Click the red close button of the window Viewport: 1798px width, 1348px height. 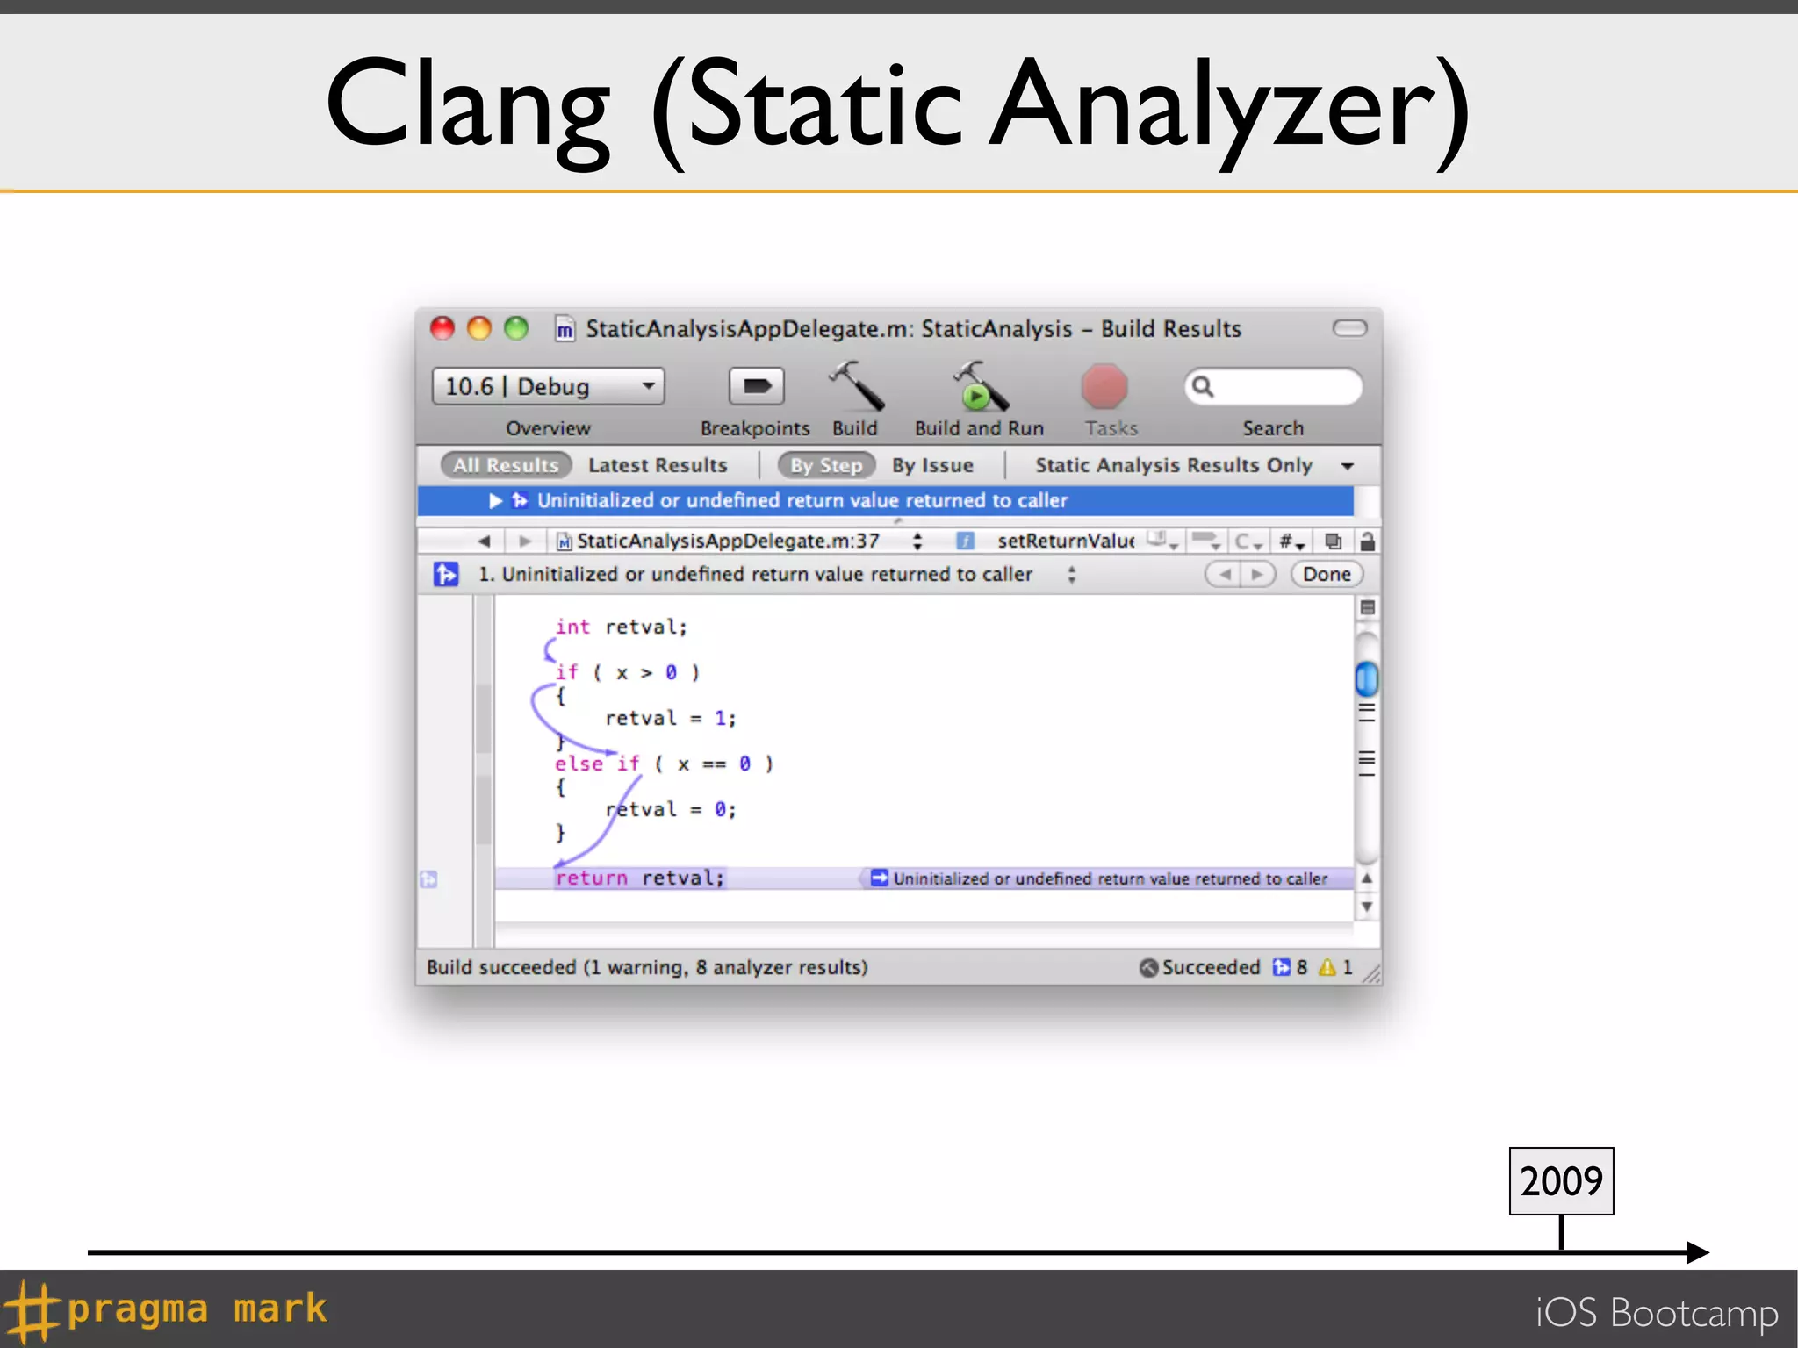click(x=442, y=329)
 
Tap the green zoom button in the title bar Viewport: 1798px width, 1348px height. click(x=516, y=329)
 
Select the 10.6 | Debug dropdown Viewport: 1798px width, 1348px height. click(x=548, y=386)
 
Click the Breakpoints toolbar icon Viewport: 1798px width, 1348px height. click(x=756, y=386)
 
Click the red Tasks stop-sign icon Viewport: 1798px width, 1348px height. click(x=1104, y=387)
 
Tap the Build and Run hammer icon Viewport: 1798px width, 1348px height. click(x=980, y=387)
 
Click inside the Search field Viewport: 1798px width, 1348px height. click(x=1282, y=387)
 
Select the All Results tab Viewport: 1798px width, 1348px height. click(x=506, y=465)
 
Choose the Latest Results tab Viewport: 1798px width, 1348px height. click(x=658, y=465)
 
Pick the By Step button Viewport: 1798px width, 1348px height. click(x=826, y=465)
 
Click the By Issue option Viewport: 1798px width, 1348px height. click(x=932, y=465)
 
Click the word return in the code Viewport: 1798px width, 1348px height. click(x=592, y=878)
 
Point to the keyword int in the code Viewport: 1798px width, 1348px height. click(x=572, y=627)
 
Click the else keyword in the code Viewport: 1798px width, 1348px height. click(x=579, y=764)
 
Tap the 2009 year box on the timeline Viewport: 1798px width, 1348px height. click(x=1561, y=1181)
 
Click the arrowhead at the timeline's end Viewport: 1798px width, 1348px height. click(x=1698, y=1252)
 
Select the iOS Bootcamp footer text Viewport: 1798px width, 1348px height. click(x=1657, y=1313)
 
